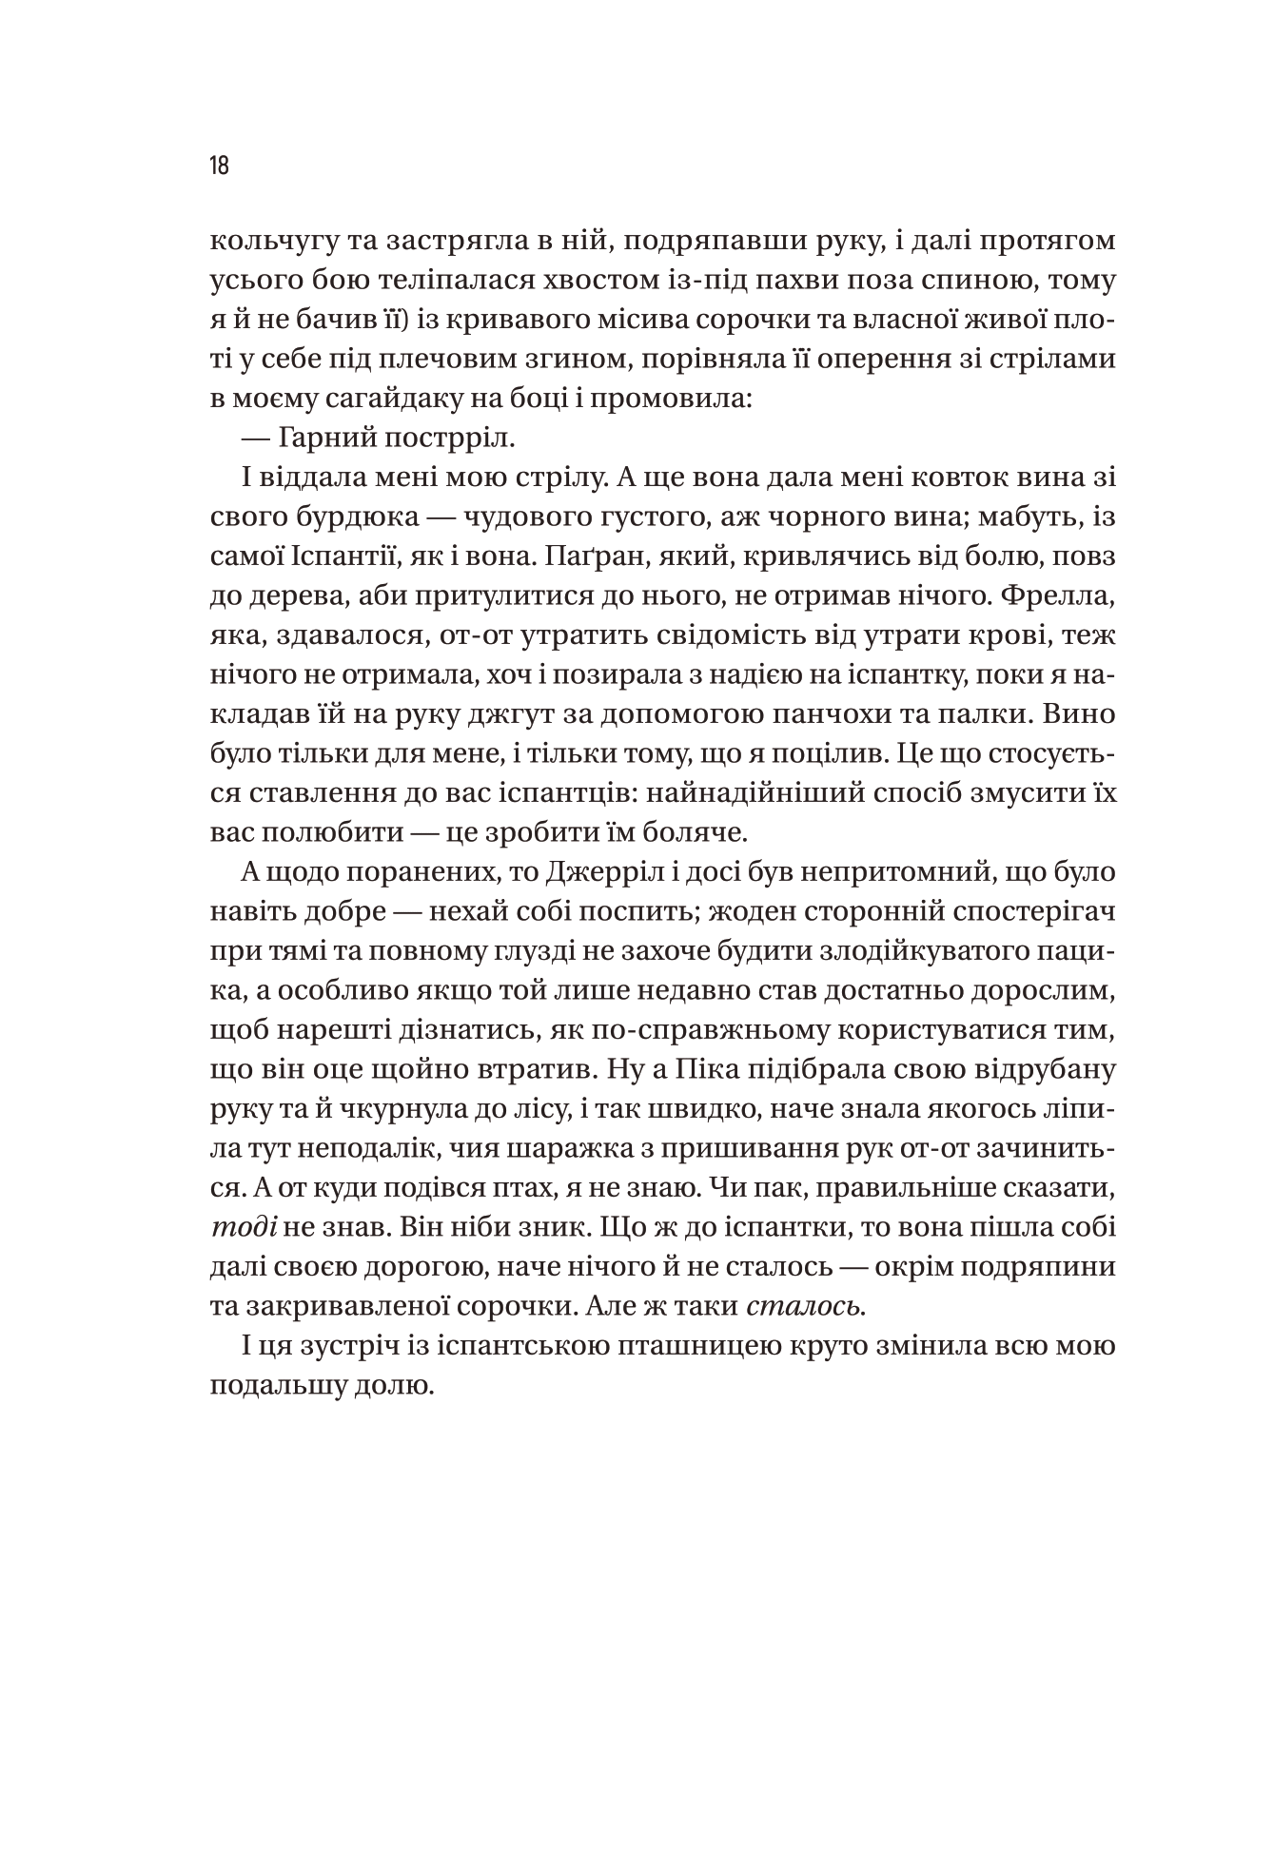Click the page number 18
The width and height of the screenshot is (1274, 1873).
click(219, 166)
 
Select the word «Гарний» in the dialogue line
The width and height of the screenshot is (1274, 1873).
click(332, 439)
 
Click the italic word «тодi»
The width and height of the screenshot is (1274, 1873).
click(244, 1227)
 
